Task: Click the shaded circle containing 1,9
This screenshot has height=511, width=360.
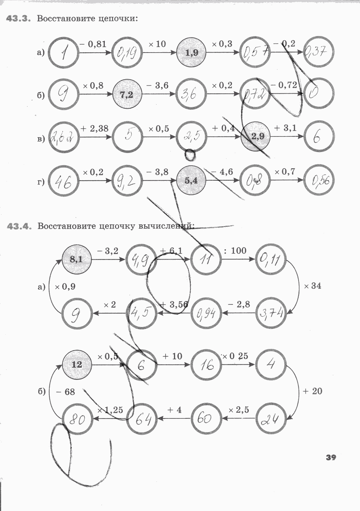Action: pyautogui.click(x=192, y=53)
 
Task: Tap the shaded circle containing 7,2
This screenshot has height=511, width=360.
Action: pyautogui.click(x=127, y=95)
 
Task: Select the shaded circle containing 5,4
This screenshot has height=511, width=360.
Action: pyautogui.click(x=192, y=180)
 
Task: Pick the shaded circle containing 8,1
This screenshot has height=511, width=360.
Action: pyautogui.click(x=77, y=259)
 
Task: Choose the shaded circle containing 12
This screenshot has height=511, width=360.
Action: pyautogui.click(x=77, y=364)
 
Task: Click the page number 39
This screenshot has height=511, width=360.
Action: pyautogui.click(x=331, y=458)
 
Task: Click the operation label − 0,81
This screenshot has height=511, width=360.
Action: pyautogui.click(x=93, y=44)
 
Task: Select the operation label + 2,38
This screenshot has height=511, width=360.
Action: pyautogui.click(x=94, y=128)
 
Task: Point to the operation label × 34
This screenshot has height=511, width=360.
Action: pyautogui.click(x=312, y=286)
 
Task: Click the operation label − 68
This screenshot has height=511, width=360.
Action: pyautogui.click(x=66, y=391)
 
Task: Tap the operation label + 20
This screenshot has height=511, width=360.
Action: pyautogui.click(x=312, y=391)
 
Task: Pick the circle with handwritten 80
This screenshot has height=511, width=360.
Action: pyautogui.click(x=77, y=419)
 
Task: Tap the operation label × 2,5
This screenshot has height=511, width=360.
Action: pyautogui.click(x=239, y=410)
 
